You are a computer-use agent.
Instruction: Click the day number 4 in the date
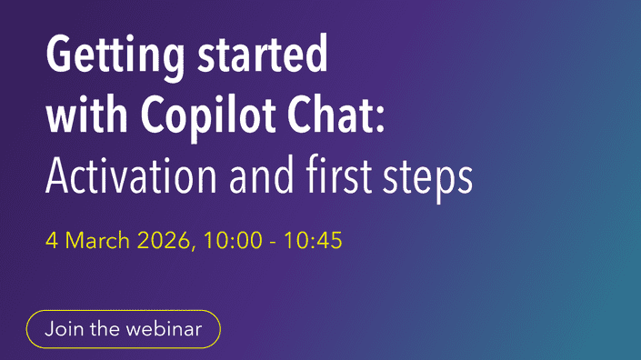point(51,244)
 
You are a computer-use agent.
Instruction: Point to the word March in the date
point(95,244)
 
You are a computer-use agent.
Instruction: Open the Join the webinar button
point(123,329)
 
